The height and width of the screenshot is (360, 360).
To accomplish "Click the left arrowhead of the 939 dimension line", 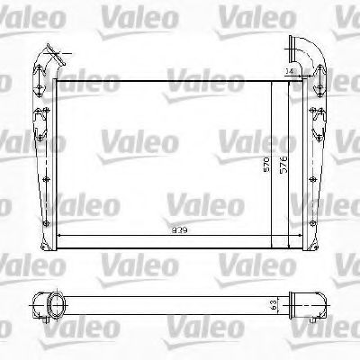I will (60, 236).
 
